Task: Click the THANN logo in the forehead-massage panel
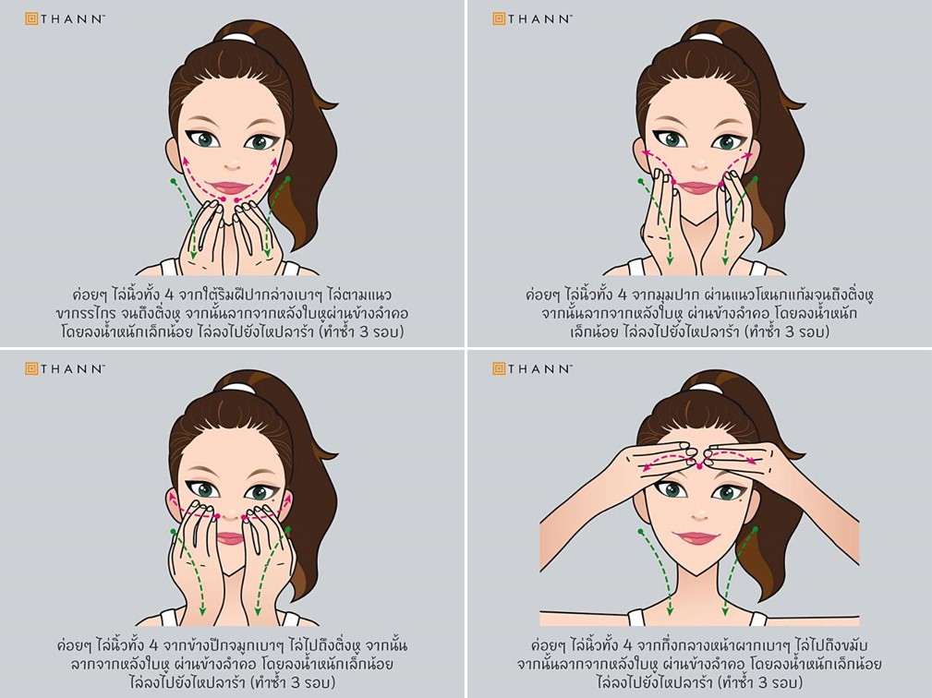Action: point(532,369)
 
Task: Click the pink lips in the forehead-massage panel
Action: point(697,538)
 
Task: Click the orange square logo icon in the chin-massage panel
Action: point(31,19)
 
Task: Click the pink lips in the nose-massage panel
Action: point(230,538)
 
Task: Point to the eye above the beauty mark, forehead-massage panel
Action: point(728,491)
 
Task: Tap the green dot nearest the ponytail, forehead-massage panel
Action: point(756,529)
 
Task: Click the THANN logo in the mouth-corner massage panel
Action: point(532,19)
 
